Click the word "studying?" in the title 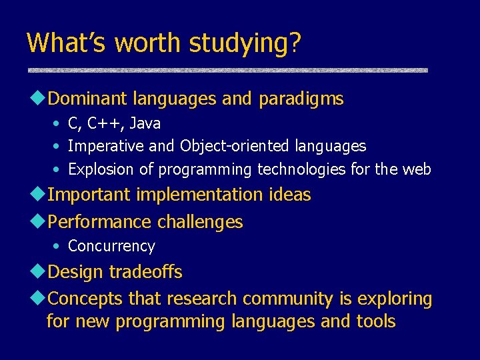point(245,43)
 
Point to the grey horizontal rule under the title point(227,69)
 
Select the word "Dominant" point(88,99)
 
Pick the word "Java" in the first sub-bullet point(145,124)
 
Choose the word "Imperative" point(102,146)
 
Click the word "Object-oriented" point(233,146)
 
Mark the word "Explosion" point(101,169)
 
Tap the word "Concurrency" point(111,246)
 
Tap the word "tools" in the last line point(377,321)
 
